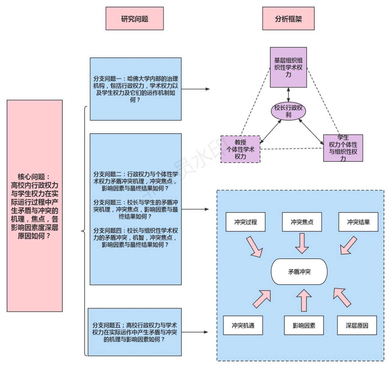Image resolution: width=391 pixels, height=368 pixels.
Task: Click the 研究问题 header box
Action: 134,19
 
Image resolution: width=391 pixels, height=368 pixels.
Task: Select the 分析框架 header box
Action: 288,19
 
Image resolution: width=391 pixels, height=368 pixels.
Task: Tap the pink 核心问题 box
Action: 35,206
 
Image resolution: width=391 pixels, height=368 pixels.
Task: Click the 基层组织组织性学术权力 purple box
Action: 288,67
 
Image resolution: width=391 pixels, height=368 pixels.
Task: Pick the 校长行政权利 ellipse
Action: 288,111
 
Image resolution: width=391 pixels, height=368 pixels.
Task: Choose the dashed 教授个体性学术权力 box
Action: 240,149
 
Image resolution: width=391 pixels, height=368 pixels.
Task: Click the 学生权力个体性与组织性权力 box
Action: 343,148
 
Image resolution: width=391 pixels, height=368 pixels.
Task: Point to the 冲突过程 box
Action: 245,222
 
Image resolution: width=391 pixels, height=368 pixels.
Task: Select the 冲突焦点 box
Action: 302,222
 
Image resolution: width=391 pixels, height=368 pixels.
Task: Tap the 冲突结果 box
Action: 358,222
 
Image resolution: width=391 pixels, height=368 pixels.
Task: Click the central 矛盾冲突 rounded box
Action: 299,272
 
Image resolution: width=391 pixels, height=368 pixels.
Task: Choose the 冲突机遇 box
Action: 243,325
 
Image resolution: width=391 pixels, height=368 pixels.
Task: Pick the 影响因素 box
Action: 304,325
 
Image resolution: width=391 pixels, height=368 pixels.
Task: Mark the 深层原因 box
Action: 357,325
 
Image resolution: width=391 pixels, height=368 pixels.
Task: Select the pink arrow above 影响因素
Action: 304,300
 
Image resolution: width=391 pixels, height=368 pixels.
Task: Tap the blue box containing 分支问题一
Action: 136,89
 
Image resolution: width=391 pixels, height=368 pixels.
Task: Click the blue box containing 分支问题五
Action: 134,332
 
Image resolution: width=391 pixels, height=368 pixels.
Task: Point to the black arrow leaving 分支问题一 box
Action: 196,89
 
